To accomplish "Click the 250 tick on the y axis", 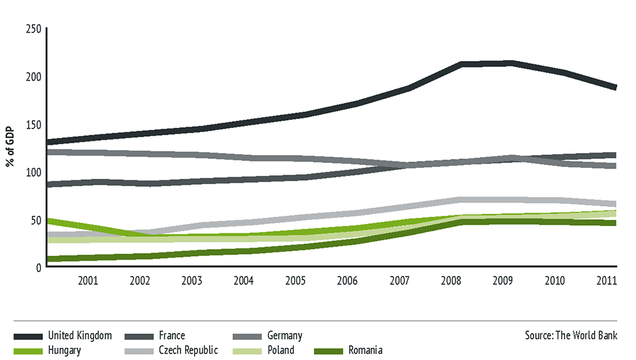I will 33,28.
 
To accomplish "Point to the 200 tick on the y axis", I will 33,76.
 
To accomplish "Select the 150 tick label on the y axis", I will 33,125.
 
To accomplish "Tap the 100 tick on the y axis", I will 33,172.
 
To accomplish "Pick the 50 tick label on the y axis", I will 36,220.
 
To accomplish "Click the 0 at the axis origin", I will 39,267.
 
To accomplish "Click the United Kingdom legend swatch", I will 28,336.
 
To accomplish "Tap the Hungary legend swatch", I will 28,351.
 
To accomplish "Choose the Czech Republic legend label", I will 188,351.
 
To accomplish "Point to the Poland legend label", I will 281,351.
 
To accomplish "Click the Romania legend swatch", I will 329,351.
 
